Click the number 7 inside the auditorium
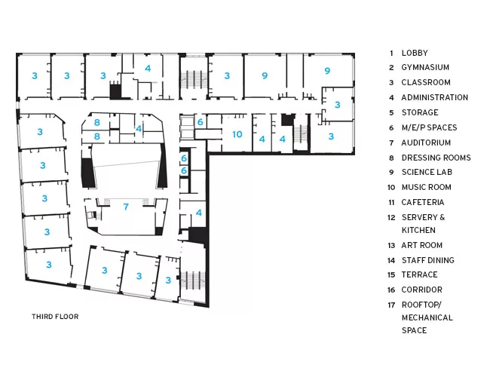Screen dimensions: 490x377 pos(126,207)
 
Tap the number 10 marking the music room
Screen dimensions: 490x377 pos(237,134)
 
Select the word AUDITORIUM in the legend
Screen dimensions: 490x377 pos(426,143)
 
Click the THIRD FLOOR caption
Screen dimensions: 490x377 pos(55,317)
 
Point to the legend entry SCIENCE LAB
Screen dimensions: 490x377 pos(427,172)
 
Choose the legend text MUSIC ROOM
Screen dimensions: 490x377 pos(426,187)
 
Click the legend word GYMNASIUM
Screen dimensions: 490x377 pos(425,67)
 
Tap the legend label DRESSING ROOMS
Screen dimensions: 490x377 pos(436,158)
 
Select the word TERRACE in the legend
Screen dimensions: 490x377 pos(419,274)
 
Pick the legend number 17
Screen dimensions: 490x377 pos(391,305)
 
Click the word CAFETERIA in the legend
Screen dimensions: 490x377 pos(423,202)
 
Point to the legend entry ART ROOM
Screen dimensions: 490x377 pos(422,245)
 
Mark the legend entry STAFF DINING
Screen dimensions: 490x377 pos(428,260)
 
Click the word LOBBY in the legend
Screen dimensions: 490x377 pos(415,53)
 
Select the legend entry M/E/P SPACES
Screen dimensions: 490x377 pos(429,127)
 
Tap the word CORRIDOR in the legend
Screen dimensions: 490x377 pos(422,290)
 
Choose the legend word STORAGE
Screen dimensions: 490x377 pos(420,112)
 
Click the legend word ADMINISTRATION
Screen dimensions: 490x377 pos(435,97)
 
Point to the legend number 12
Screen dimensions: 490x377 pos(391,218)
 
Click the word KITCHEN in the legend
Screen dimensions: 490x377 pos(418,231)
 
